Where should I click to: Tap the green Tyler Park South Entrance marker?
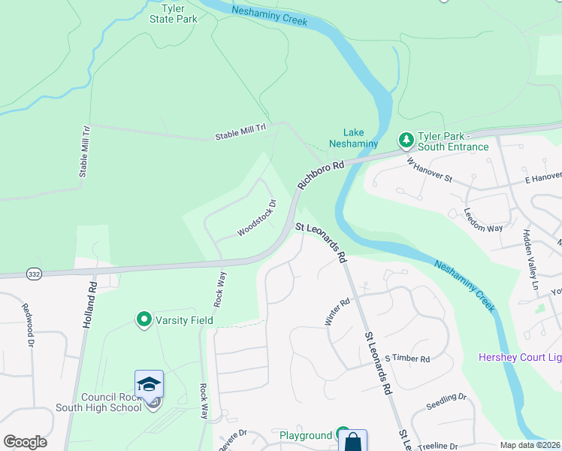[405, 141]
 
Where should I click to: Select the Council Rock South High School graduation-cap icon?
[150, 384]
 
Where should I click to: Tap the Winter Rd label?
[337, 313]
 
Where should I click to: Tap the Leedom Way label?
[482, 219]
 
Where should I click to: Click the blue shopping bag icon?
[352, 441]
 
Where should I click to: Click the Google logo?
[24, 442]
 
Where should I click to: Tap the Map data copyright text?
[530, 445]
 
